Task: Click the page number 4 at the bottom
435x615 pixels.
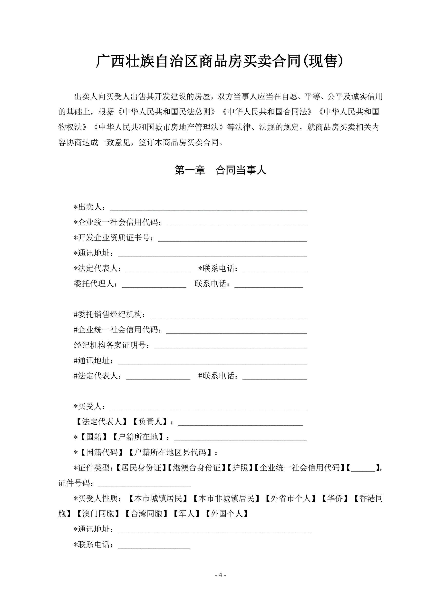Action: [x=221, y=575]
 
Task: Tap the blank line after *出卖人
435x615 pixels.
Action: [x=208, y=208]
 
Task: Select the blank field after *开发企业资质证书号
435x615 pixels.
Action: [x=232, y=238]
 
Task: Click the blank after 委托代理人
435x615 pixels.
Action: [x=154, y=284]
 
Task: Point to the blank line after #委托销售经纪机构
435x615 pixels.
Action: [x=228, y=315]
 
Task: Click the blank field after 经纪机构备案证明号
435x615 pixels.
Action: [x=230, y=346]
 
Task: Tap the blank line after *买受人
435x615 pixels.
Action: [x=208, y=407]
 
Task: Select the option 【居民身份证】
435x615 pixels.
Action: [x=141, y=468]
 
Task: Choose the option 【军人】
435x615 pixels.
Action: [x=186, y=514]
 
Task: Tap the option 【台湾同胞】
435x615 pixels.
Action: [x=146, y=514]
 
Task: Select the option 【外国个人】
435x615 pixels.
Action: [x=227, y=514]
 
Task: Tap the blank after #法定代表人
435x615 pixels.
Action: [x=158, y=376]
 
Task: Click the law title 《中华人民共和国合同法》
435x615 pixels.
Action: [x=267, y=112]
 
